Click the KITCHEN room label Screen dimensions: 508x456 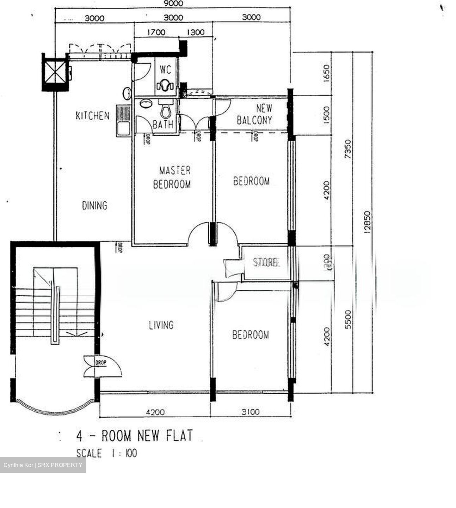point(93,116)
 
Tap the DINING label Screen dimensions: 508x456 point(94,205)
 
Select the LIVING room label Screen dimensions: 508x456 point(161,325)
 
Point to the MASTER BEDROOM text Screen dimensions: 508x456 point(172,177)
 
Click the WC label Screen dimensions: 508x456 point(165,69)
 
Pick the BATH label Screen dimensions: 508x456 point(163,125)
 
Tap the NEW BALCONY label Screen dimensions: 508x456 point(255,114)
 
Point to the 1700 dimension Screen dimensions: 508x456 point(156,32)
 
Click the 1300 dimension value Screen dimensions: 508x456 point(196,32)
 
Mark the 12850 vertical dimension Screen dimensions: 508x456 point(367,223)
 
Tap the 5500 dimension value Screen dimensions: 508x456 point(348,320)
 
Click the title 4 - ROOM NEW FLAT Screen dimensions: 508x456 point(135,436)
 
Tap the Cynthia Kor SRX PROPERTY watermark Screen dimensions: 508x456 point(43,465)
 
